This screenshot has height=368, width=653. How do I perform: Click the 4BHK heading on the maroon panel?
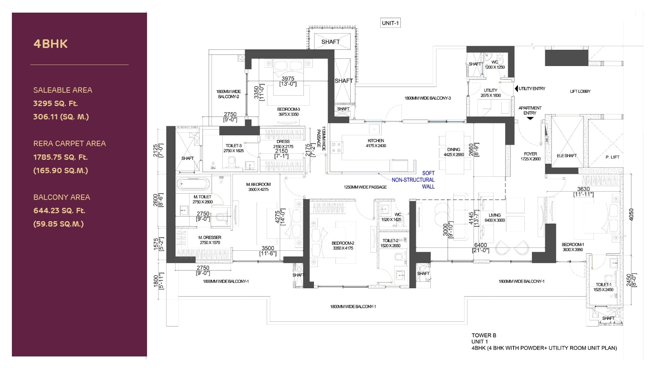50,44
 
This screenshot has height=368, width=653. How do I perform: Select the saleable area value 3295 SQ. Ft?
55,104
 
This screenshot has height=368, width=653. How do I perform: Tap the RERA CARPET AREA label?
70,144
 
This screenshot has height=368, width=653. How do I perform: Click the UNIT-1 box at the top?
390,23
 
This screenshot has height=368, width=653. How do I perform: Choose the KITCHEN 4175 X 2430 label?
376,143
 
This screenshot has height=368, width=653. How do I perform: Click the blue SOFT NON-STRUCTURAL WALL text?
414,180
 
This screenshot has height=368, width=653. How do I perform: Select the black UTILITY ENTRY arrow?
516,88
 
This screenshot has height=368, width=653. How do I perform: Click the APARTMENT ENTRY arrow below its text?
530,118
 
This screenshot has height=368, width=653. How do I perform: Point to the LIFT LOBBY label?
580,91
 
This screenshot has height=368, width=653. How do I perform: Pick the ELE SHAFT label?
567,156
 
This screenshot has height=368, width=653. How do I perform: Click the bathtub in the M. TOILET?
194,184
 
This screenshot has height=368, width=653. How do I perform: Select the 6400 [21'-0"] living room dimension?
481,247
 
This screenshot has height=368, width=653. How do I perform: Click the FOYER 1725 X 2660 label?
530,156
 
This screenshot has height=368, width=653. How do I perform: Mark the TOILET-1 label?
603,285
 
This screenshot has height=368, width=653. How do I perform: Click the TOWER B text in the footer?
484,336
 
